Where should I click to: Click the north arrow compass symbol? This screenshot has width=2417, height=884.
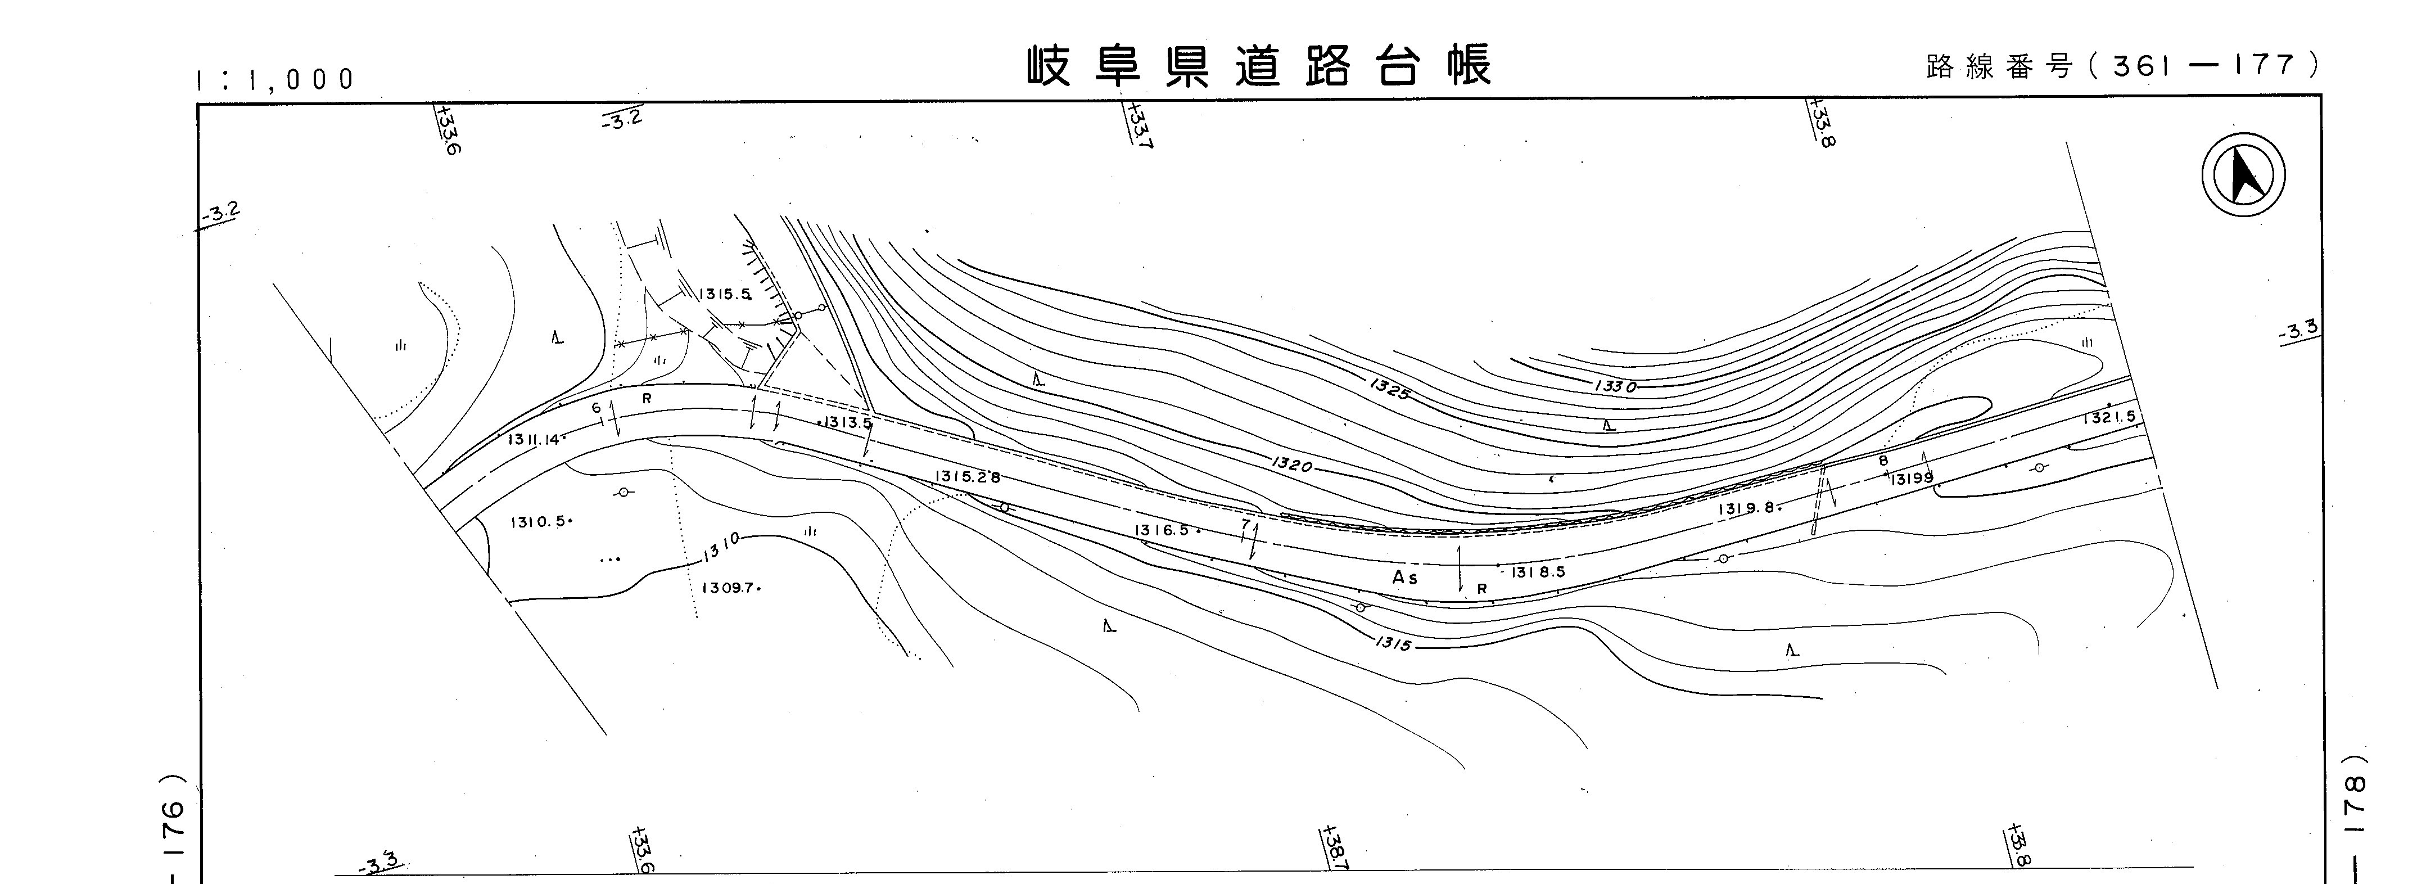(x=2243, y=174)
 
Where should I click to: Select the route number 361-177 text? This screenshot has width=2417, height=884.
(x=2122, y=66)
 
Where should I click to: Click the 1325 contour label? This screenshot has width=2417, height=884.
(x=1389, y=389)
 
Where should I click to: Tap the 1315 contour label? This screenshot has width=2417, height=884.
(x=1394, y=644)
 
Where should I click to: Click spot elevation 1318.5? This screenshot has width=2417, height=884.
(x=1537, y=571)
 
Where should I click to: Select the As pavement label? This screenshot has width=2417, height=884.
(x=1404, y=578)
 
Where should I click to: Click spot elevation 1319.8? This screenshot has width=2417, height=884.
(x=1747, y=508)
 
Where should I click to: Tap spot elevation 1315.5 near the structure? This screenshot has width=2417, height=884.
(x=725, y=294)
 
